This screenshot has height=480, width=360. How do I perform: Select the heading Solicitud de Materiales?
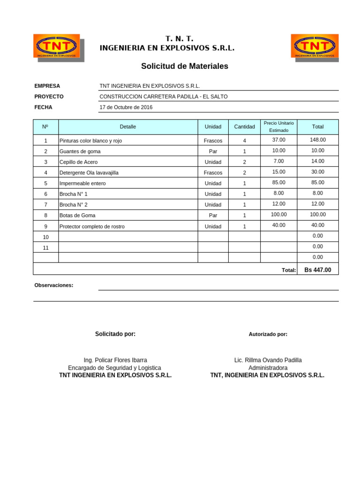(x=184, y=67)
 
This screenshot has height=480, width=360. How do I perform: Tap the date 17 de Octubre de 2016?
(x=126, y=107)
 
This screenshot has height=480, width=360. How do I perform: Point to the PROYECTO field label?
(x=49, y=97)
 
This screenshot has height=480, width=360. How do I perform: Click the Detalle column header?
(x=127, y=127)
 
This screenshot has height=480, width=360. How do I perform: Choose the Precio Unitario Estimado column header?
(x=278, y=127)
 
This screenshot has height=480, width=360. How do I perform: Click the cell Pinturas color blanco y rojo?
(x=90, y=141)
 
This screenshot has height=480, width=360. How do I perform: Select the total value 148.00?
(x=317, y=140)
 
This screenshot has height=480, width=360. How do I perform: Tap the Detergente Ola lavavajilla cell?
(x=89, y=172)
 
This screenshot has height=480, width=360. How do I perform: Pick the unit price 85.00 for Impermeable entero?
(x=278, y=182)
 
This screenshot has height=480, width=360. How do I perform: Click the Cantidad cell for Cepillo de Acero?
(x=244, y=162)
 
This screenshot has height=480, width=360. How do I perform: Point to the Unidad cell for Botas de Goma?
(x=213, y=216)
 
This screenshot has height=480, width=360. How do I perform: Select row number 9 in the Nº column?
(x=45, y=226)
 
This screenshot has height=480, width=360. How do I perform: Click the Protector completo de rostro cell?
(x=92, y=226)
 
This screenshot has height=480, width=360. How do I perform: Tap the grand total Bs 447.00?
(x=317, y=270)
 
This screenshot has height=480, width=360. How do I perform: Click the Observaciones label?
(x=53, y=285)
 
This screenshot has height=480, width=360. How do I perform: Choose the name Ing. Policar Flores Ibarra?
(x=115, y=360)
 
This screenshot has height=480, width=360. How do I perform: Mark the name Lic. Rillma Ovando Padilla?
(x=268, y=360)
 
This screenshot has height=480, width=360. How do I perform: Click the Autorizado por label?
(x=268, y=334)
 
